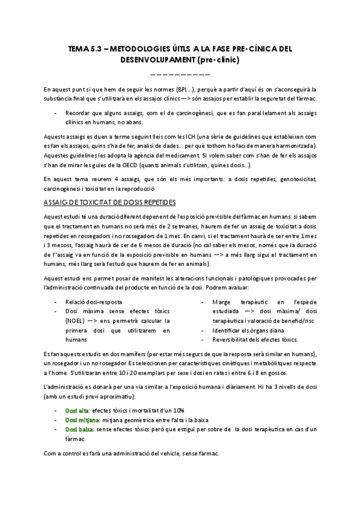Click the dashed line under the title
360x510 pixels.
coord(180,73)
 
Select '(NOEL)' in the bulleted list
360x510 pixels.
coord(76,321)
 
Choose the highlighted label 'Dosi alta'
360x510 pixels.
coord(76,410)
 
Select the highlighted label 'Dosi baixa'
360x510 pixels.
coord(79,429)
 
